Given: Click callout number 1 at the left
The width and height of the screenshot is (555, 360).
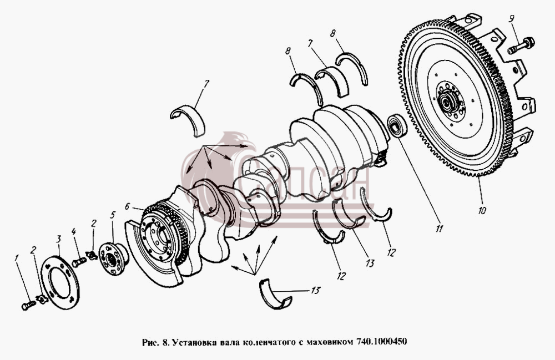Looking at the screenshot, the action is coord(16,259).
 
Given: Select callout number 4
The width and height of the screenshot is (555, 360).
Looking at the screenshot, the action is coord(74,232).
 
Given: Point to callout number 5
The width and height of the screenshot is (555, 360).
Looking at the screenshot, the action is coord(113,215).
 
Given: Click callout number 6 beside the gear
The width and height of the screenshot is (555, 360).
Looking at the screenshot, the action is coord(128,206).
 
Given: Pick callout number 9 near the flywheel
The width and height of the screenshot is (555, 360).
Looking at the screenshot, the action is coord(512,19).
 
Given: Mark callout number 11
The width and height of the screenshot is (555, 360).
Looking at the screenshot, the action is coord(439,229).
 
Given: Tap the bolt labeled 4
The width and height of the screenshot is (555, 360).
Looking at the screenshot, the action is coord(79,262).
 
